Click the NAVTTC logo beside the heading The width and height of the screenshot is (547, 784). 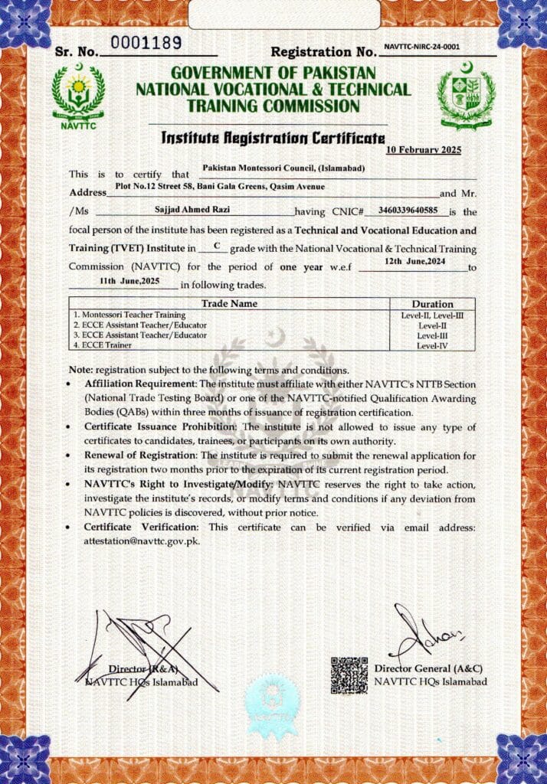(78, 95)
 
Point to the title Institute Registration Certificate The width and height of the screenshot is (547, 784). (273, 138)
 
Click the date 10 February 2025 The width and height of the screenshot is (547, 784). (424, 150)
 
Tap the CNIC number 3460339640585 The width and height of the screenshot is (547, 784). (408, 208)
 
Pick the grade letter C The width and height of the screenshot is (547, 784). (217, 245)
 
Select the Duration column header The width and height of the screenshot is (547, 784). (432, 304)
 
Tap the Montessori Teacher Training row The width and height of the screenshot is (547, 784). (130, 315)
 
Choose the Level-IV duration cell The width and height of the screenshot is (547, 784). (432, 346)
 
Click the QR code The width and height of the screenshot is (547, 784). (349, 675)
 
